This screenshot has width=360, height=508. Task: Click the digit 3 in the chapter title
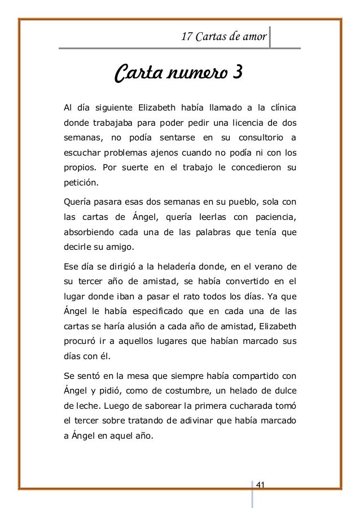tap(237, 74)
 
